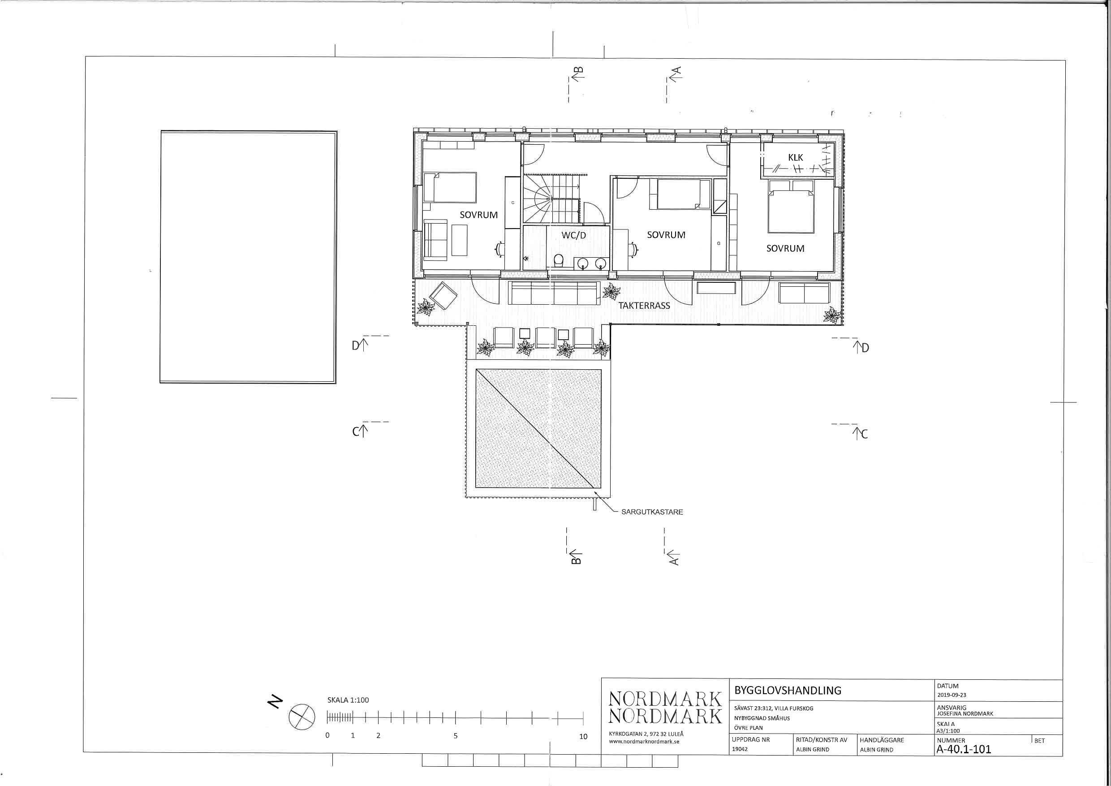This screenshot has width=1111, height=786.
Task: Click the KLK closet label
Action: (796, 157)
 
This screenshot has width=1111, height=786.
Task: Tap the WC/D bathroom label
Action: (573, 235)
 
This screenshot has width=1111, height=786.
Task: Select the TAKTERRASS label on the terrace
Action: (644, 306)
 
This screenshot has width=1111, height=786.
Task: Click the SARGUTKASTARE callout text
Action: (652, 512)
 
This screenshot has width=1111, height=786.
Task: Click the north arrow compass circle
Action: (302, 717)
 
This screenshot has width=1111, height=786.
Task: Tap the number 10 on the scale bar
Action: (583, 737)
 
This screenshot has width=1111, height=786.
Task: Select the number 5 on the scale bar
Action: (455, 736)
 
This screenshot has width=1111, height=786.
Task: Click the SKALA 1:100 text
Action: (348, 700)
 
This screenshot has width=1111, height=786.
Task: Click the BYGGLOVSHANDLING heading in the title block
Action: (788, 691)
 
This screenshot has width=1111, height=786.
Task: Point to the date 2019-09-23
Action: (952, 695)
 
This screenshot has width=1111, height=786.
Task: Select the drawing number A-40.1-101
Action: (964, 749)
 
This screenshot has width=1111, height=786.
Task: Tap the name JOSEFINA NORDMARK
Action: (965, 713)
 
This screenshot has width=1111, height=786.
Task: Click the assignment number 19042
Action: (740, 749)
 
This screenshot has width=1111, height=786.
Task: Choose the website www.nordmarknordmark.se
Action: (644, 742)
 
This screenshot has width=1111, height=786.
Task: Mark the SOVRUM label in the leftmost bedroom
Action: (478, 215)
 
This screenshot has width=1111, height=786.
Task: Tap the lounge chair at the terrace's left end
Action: (443, 295)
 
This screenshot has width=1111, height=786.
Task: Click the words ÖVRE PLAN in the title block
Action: (748, 728)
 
